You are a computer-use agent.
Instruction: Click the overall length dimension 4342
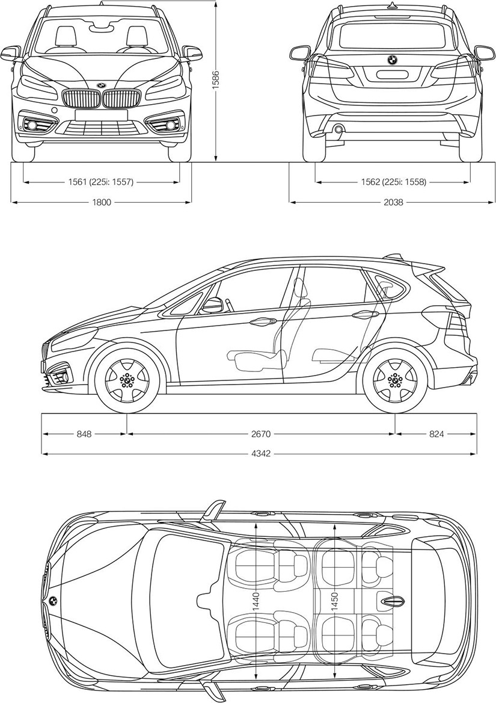(x=262, y=454)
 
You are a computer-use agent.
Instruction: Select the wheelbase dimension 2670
(x=262, y=433)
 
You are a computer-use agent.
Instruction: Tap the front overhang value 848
(x=84, y=433)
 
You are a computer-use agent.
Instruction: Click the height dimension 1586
(x=216, y=80)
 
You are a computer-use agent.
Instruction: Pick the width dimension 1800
(x=101, y=202)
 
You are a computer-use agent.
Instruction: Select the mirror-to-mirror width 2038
(x=393, y=202)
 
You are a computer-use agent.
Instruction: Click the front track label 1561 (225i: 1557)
(x=101, y=182)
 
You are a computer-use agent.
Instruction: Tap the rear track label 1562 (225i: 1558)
(x=393, y=182)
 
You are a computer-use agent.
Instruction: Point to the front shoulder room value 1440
(x=256, y=604)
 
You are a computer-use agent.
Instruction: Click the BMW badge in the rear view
(x=392, y=60)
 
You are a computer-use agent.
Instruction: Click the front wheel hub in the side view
(x=127, y=380)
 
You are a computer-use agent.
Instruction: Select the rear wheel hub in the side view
(x=395, y=380)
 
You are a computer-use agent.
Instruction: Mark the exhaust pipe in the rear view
(x=338, y=129)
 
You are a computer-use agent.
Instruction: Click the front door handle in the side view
(x=260, y=321)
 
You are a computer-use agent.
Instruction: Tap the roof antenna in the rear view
(x=393, y=5)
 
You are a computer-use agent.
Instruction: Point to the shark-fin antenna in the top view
(x=391, y=601)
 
